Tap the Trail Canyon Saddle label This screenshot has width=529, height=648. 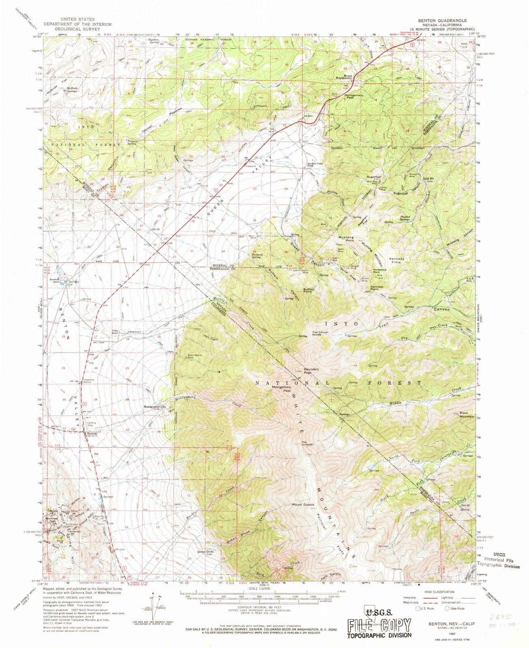click(320, 334)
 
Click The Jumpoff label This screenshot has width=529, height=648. click(307, 443)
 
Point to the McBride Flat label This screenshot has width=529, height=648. click(56, 82)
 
